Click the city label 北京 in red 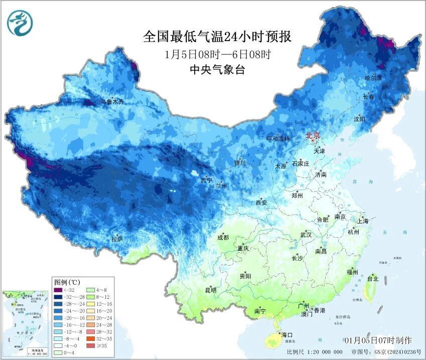314,135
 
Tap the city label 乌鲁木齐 111,102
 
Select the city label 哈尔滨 373,78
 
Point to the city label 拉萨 117,239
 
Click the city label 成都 223,238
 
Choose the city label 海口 287,334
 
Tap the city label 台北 373,278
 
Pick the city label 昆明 210,290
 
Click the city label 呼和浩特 278,139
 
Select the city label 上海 363,221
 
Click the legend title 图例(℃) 67,282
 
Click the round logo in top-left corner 20,24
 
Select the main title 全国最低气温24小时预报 217,37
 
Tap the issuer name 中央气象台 217,70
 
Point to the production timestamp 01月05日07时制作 378,339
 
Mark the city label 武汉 306,235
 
